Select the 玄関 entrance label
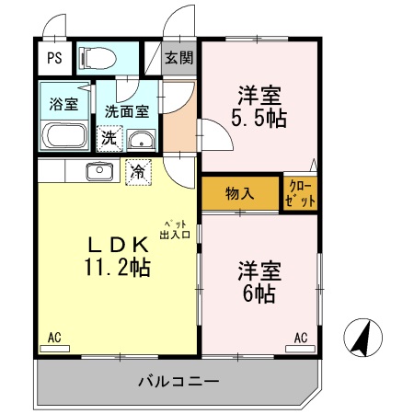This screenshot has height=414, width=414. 179,57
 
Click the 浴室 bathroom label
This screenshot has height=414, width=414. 63,103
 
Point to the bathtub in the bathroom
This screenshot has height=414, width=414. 64,136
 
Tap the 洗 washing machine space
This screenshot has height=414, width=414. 109,139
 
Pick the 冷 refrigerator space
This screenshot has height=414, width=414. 137,171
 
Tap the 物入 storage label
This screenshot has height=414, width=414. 240,194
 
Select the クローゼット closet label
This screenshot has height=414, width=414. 300,194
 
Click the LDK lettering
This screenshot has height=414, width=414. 118,245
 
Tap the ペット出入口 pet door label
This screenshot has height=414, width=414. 175,229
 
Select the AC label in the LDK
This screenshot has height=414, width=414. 54,339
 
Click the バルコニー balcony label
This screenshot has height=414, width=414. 178,379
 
